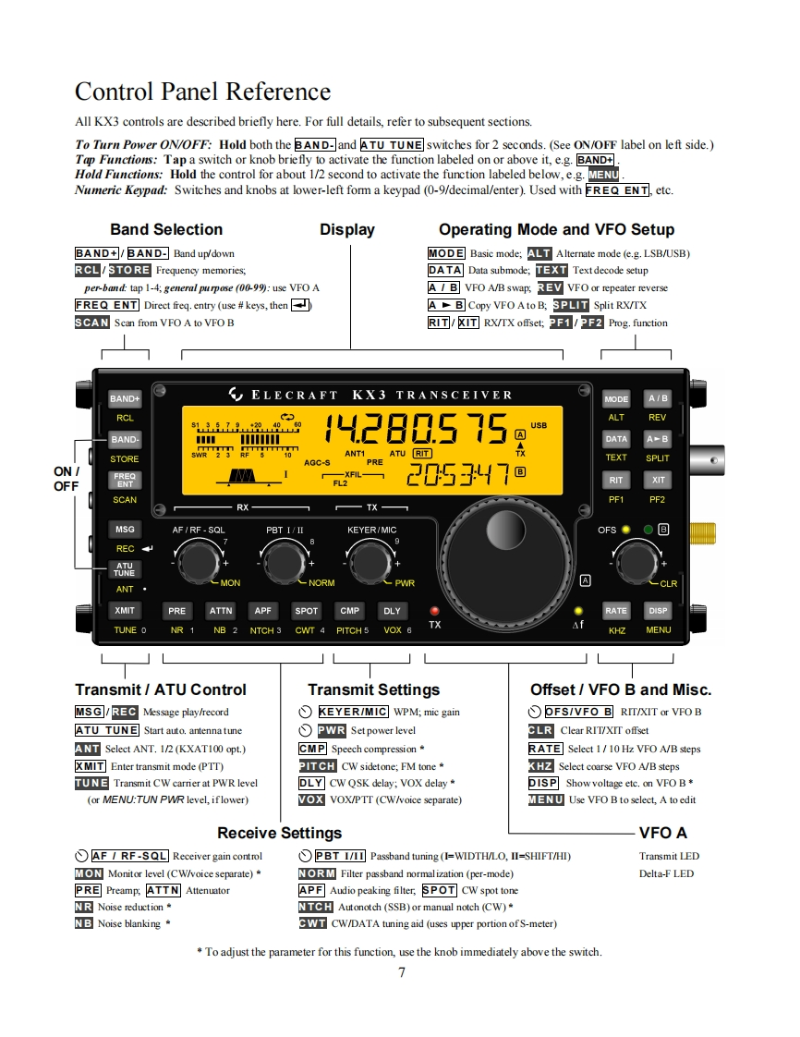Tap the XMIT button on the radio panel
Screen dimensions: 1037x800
125,610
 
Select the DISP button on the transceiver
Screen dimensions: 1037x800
658,610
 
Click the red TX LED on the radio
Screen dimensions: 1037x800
435,611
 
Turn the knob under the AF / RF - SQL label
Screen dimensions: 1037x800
197,560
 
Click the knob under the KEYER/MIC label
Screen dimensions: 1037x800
372,560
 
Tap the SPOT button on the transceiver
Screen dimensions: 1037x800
306,610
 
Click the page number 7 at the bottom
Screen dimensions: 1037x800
401,971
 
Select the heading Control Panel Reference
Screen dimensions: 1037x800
202,91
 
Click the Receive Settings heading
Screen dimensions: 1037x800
279,833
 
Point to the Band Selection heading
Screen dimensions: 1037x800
166,229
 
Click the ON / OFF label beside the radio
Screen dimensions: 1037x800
67,479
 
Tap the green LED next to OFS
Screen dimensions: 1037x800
648,530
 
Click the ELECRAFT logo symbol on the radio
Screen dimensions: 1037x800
236,396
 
